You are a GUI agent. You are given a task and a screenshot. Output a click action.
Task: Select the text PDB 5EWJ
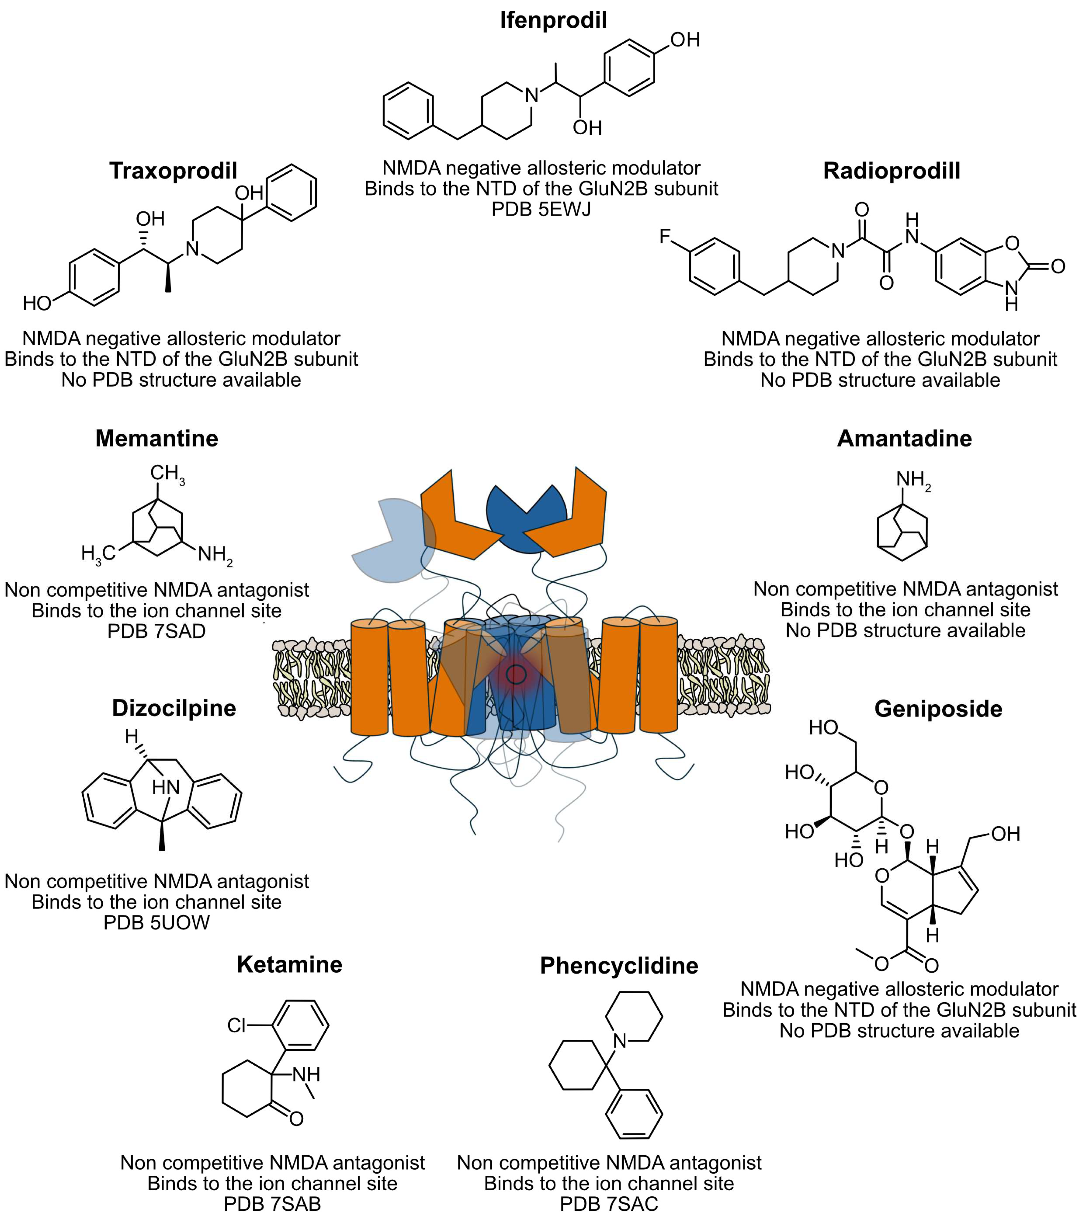(541, 209)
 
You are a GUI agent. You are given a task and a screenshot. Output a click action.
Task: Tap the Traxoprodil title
(173, 171)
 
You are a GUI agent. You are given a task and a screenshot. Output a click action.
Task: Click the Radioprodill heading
(892, 171)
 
